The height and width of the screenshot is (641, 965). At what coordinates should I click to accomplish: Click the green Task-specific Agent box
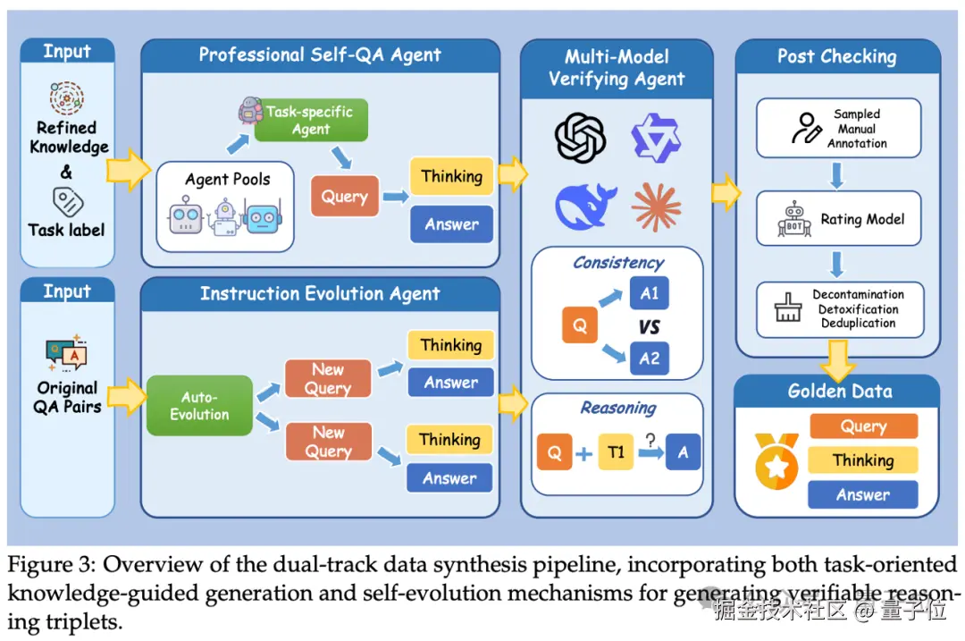(309, 120)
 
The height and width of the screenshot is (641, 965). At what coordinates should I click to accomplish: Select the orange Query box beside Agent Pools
(344, 197)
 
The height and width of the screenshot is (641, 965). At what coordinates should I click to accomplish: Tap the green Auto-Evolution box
(199, 406)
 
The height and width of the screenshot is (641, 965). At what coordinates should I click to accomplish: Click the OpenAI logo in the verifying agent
(580, 137)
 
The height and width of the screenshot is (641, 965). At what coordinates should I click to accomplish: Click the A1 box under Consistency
(649, 293)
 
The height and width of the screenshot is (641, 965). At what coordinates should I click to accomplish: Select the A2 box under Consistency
(649, 358)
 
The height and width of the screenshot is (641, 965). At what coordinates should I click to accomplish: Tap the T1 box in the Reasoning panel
(617, 452)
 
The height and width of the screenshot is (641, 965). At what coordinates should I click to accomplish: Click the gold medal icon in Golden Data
(776, 460)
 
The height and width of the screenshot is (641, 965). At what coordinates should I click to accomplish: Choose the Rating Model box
(838, 220)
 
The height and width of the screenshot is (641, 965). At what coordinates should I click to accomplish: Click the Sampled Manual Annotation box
(838, 129)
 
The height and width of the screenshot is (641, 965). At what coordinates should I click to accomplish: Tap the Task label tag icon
(66, 200)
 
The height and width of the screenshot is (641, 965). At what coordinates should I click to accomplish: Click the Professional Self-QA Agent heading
(320, 55)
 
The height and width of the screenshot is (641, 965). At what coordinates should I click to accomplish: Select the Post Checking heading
(836, 56)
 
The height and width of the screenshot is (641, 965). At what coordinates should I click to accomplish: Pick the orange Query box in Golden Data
(862, 426)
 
